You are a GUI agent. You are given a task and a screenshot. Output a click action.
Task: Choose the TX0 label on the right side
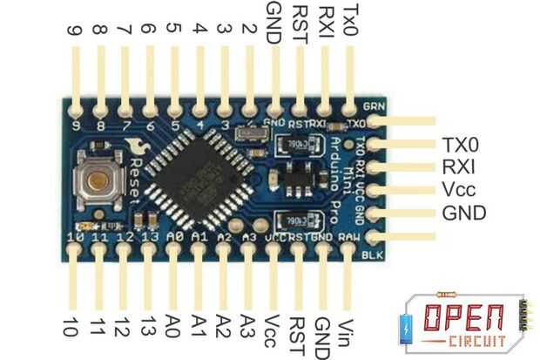461,145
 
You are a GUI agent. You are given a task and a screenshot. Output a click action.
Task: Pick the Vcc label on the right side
459,190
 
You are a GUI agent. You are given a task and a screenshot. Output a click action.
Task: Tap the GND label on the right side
463,213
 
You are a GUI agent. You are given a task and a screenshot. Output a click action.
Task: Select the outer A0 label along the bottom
172,325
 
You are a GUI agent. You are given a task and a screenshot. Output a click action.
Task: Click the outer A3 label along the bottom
248,325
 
